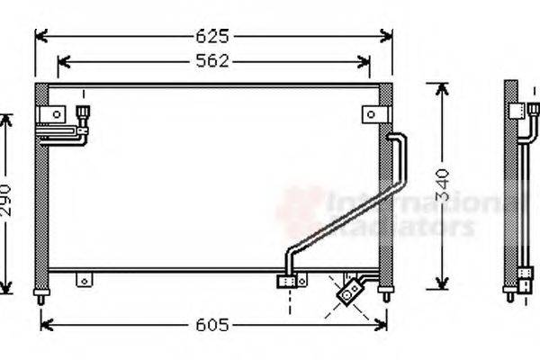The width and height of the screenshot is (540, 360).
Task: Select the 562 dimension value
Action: pos(214,61)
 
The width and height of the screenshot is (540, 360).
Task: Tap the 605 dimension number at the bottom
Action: pos(214,324)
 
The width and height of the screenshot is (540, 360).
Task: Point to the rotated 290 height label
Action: pos(7,203)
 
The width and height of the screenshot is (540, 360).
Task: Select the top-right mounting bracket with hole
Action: pos(373,114)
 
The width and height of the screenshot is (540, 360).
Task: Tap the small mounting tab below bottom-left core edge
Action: pos(84,280)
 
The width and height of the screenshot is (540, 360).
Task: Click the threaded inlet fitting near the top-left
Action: pos(84,112)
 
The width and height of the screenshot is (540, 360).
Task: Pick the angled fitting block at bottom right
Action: pos(348,291)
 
